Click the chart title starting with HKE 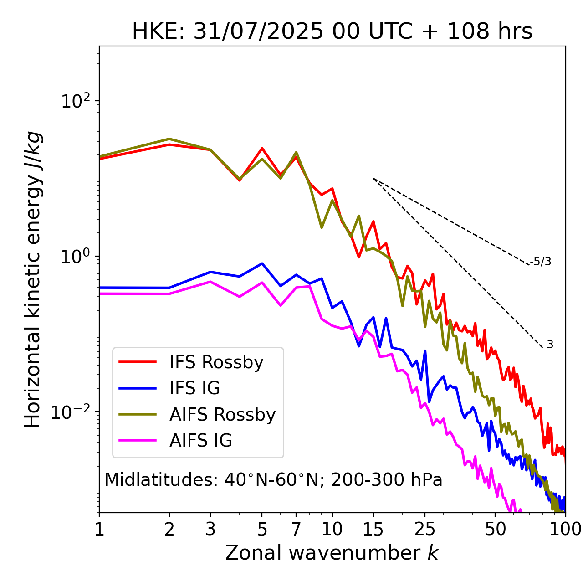coord(332,32)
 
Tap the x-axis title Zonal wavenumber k coord(332,553)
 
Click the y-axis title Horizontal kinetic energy coord(33,279)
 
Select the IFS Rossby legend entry coord(216,362)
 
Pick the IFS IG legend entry coord(194,388)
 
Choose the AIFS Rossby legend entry coord(222,415)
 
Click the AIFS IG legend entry coord(201,441)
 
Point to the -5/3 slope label coord(541,262)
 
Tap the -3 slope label coord(548,345)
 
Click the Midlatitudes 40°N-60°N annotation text coord(273,480)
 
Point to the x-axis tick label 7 coord(296,529)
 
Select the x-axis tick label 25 coord(425,529)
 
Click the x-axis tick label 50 coord(495,529)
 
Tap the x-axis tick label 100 coord(565,529)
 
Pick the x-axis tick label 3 coord(210,529)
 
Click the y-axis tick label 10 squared coord(76,101)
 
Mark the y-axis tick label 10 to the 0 coord(76,257)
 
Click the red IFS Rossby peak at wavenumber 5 coord(262,148)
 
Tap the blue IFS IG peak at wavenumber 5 coord(262,263)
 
